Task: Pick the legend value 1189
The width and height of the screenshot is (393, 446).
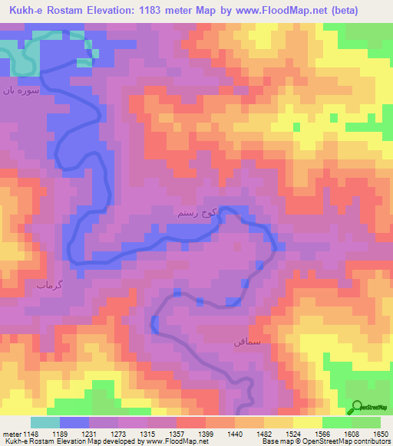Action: coord(75,433)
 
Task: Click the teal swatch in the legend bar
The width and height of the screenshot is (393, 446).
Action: coord(45,422)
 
